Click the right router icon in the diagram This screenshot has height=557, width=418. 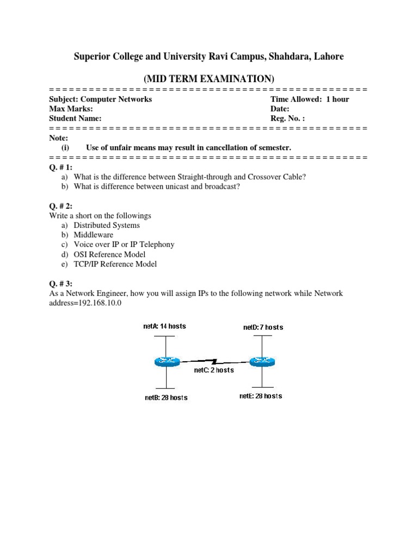click(262, 361)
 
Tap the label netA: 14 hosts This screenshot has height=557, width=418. click(161, 326)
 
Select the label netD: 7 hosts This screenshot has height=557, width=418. click(263, 327)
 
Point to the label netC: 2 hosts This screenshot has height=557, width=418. click(214, 370)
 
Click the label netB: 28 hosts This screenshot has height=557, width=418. click(166, 398)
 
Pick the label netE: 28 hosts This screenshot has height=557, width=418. click(261, 396)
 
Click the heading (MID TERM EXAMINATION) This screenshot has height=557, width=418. click(209, 79)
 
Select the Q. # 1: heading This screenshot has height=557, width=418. click(60, 167)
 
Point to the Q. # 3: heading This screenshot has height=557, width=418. click(60, 283)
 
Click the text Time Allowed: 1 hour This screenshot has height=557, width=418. click(310, 99)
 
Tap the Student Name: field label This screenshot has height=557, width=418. click(75, 119)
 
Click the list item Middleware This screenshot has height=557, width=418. click(94, 235)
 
